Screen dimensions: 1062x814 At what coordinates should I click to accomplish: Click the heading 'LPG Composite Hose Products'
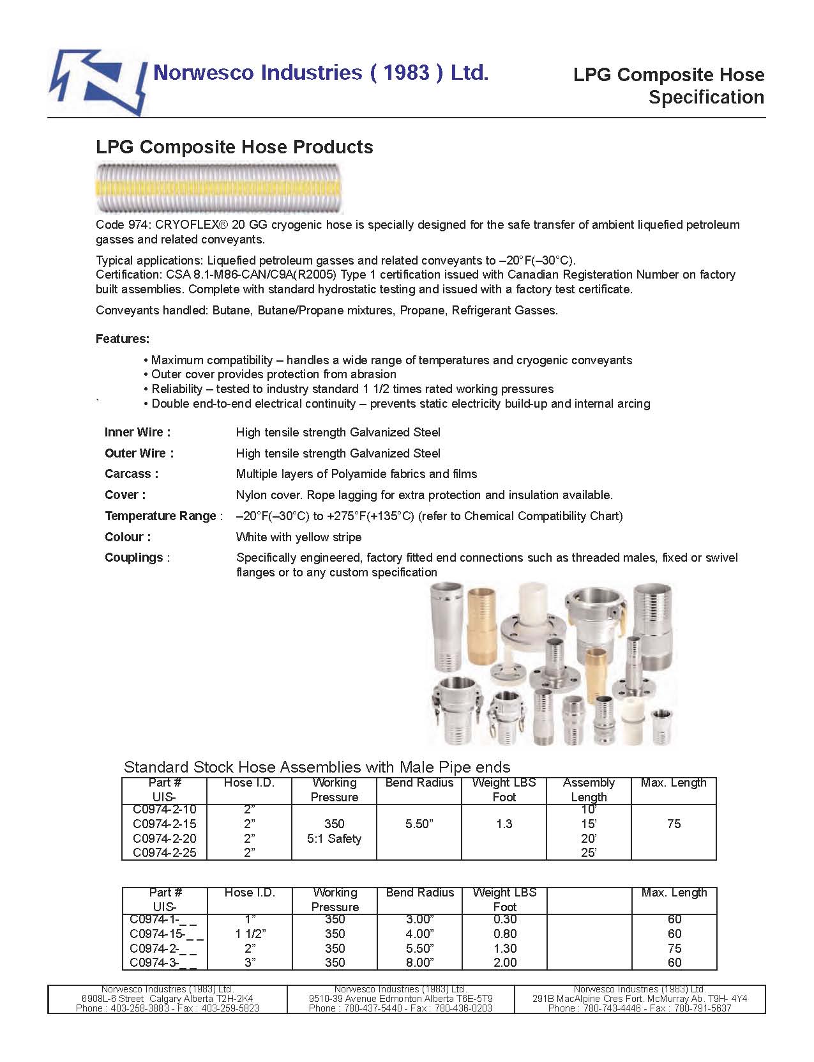pyautogui.click(x=234, y=147)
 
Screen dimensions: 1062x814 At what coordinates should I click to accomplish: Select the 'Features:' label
pyautogui.click(x=123, y=339)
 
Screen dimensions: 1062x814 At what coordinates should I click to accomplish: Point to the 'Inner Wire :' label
pyautogui.click(x=137, y=433)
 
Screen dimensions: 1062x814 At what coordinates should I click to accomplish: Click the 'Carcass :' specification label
pyautogui.click(x=132, y=474)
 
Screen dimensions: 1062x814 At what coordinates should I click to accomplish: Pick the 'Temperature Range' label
pyautogui.click(x=161, y=516)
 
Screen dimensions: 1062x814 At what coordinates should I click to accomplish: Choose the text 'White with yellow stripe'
pyautogui.click(x=299, y=537)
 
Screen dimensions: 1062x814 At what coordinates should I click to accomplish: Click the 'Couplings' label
pyautogui.click(x=134, y=558)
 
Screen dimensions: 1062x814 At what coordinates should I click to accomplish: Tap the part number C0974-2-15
pyautogui.click(x=165, y=824)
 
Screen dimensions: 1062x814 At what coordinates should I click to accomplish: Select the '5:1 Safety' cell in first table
pyautogui.click(x=334, y=839)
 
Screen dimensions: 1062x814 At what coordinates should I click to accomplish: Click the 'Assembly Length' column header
pyautogui.click(x=589, y=790)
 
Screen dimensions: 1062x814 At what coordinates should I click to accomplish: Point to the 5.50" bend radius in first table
pyautogui.click(x=419, y=824)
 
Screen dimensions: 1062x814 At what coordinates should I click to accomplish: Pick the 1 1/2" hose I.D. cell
pyautogui.click(x=250, y=934)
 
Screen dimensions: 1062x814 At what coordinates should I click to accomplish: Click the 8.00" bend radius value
pyautogui.click(x=419, y=963)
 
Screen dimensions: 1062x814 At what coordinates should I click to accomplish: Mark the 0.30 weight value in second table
pyautogui.click(x=504, y=920)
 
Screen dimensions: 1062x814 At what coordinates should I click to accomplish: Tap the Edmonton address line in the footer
pyautogui.click(x=400, y=999)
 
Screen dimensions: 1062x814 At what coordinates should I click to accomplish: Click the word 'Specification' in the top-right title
pyautogui.click(x=706, y=98)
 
